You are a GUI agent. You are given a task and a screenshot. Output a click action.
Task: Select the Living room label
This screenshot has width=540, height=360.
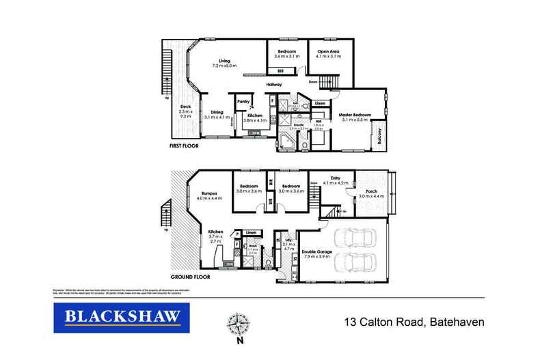click(x=225, y=61)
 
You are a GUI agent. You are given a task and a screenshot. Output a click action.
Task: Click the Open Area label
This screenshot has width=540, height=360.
click(x=328, y=52)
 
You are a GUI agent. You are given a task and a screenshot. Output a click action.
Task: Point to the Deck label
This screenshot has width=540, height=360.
click(x=185, y=107)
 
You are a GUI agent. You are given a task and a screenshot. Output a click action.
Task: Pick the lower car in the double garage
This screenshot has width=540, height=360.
click(x=357, y=263)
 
